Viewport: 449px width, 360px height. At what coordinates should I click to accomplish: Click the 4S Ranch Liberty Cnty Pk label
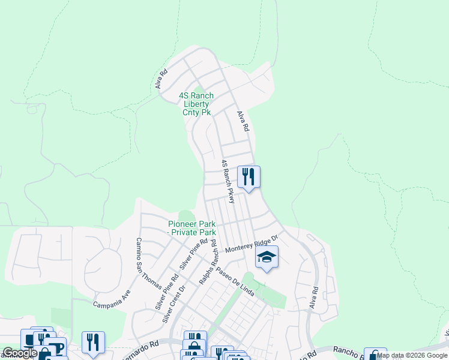coord(196,104)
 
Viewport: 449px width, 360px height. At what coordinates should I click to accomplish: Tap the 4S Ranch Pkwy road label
coord(228,181)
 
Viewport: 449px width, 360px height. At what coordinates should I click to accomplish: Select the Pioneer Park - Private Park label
coord(191,228)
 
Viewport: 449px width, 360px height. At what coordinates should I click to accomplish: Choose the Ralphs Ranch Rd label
coord(207,263)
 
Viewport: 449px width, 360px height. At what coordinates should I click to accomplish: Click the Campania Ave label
coord(112,299)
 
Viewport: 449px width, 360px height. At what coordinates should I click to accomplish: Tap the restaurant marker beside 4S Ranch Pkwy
coord(249,177)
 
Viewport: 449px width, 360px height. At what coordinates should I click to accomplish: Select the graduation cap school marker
coord(267,257)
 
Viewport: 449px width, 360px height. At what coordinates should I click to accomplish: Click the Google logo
coord(20,353)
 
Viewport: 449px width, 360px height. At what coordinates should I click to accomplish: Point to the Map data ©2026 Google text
coord(412,355)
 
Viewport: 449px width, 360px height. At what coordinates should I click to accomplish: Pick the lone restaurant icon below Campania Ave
coord(93,342)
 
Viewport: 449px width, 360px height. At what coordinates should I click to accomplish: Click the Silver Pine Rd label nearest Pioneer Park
coord(194,253)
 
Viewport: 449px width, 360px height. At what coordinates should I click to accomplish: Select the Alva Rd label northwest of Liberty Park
coord(161,79)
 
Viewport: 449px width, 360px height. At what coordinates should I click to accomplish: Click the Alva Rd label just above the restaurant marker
coord(243,121)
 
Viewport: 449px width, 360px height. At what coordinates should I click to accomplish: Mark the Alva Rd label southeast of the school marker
coord(313,298)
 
